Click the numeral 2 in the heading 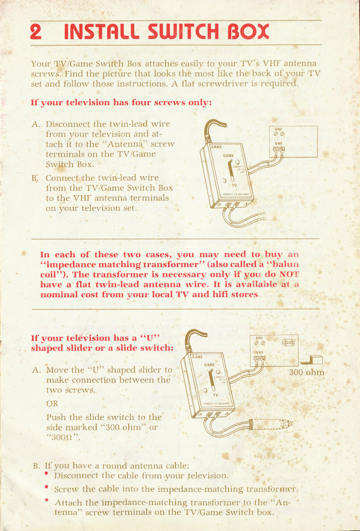tap(36, 32)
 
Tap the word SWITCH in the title tap(184, 32)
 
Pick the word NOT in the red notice tap(289, 274)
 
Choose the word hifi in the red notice tap(220, 295)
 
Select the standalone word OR tap(52, 403)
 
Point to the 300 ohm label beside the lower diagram tap(306, 373)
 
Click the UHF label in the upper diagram tap(278, 129)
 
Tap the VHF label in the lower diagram tap(260, 353)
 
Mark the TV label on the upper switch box tap(234, 185)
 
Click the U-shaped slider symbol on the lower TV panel tap(288, 343)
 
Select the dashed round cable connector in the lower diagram tap(271, 424)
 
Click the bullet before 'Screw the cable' tap(47, 487)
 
